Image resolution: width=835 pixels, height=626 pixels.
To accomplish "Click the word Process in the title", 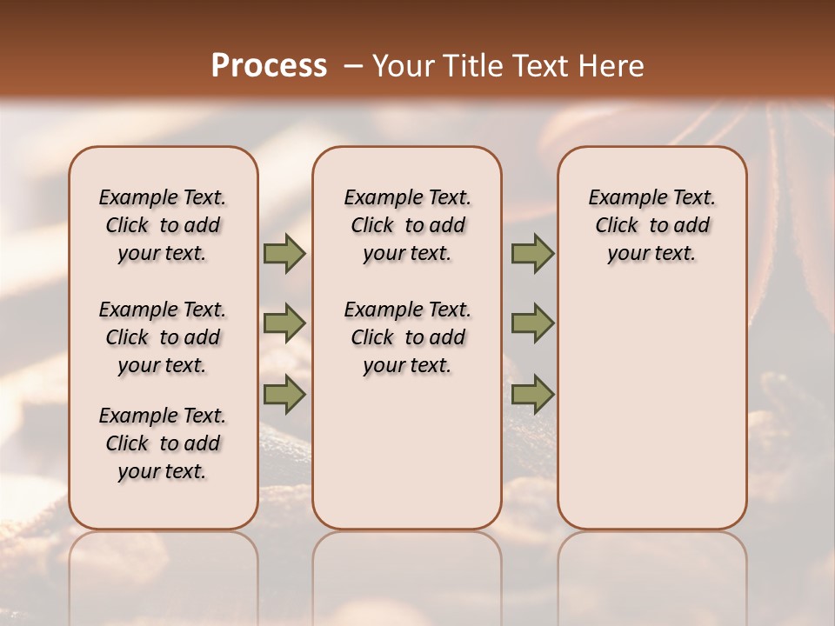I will click(x=268, y=65).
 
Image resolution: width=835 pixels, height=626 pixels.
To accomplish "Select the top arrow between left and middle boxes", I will click(x=284, y=253).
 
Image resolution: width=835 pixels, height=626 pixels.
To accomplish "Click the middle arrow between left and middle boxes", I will click(x=284, y=323).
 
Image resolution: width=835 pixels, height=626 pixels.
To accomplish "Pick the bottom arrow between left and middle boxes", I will click(x=284, y=394).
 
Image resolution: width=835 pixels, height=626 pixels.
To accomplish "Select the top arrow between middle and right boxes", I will click(x=532, y=253).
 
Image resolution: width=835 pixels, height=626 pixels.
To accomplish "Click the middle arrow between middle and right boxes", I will click(x=532, y=323).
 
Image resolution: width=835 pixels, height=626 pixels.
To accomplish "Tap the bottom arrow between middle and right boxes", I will click(x=532, y=394).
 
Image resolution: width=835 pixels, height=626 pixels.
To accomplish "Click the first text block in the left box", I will click(x=163, y=225).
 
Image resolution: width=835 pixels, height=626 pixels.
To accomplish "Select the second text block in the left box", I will click(x=163, y=337).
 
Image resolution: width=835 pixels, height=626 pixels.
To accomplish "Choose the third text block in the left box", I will click(x=163, y=443).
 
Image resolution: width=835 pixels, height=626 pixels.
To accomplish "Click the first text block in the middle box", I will click(x=407, y=225).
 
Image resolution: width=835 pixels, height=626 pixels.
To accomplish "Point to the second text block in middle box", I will click(x=407, y=337).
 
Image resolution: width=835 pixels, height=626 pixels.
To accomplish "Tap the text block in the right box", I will click(x=652, y=225).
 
